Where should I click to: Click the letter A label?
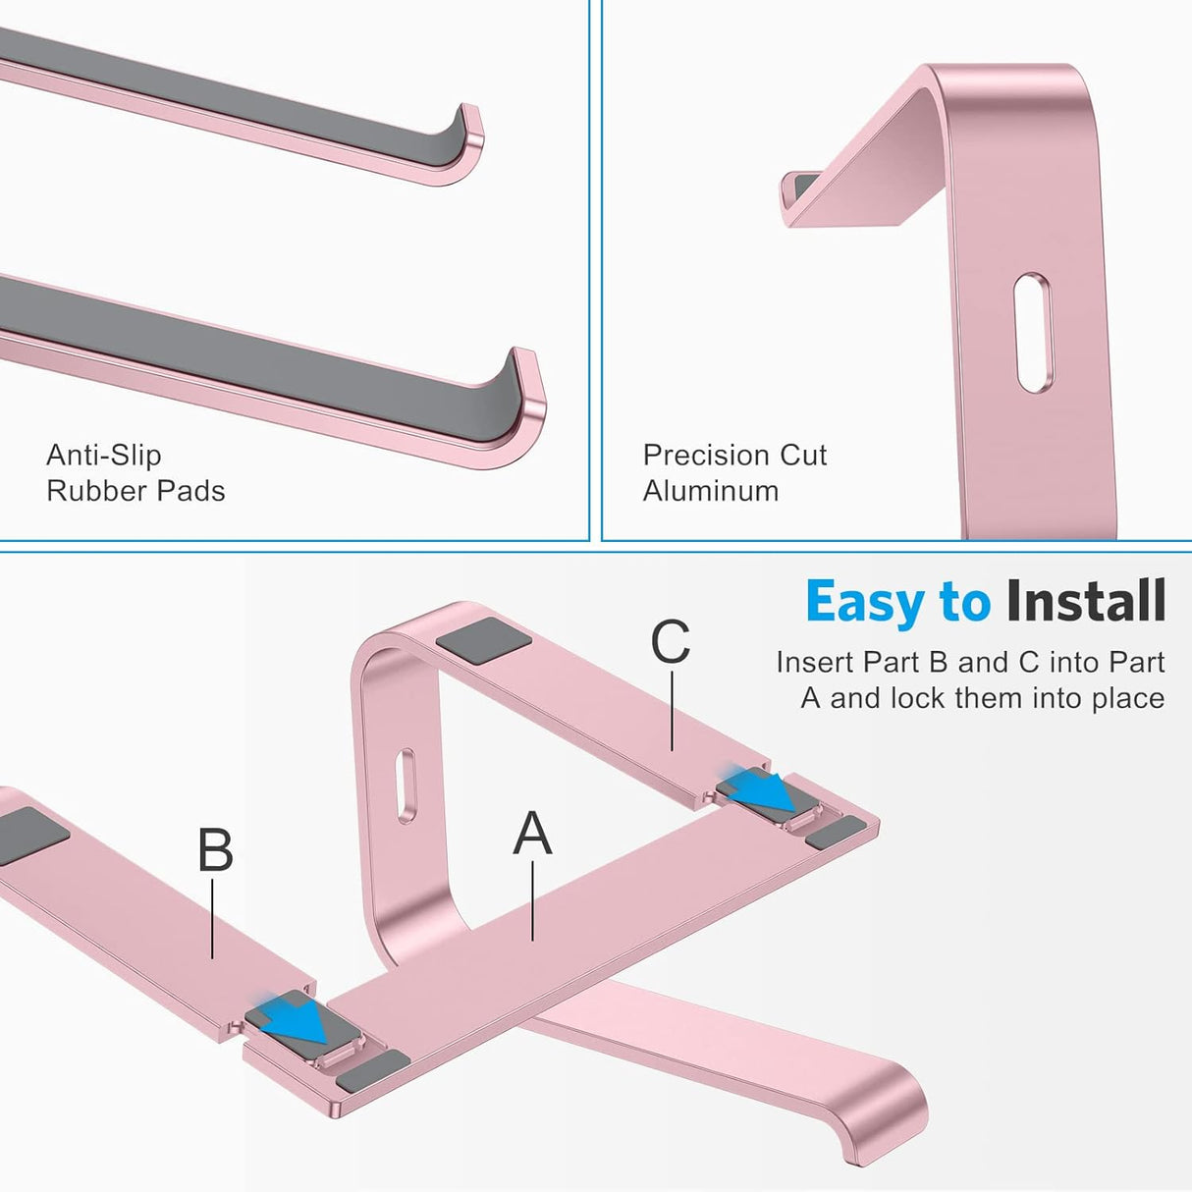(532, 834)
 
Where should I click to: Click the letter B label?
(215, 850)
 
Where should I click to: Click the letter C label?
(671, 642)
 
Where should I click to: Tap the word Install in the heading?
(1086, 602)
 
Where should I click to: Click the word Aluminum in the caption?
(711, 491)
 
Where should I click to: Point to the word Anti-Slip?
(103, 456)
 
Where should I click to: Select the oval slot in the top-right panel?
(1033, 334)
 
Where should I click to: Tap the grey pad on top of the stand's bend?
(484, 641)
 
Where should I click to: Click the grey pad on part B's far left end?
(29, 835)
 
